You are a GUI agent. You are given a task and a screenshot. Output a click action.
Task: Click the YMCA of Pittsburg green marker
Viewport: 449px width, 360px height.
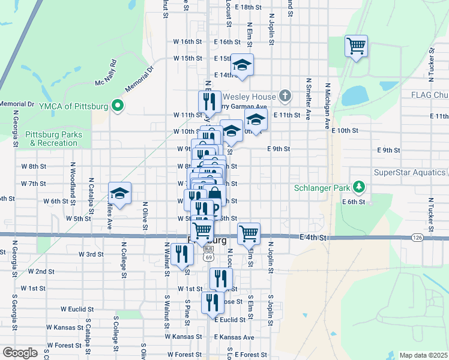tap(118, 107)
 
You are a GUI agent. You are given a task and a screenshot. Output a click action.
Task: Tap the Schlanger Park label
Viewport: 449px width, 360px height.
tap(322, 188)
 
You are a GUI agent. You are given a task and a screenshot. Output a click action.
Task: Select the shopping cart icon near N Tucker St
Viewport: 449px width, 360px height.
tap(356, 46)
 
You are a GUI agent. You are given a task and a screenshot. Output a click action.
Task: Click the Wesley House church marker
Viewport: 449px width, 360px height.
tap(285, 96)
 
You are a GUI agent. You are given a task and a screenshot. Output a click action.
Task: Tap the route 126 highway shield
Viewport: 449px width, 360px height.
tap(417, 238)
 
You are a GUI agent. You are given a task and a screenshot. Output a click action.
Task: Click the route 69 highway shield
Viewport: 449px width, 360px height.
tap(208, 256)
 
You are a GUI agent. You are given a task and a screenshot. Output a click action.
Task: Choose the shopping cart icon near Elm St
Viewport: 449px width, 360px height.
tap(249, 233)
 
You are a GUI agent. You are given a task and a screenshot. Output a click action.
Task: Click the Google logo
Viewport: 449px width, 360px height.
tap(20, 352)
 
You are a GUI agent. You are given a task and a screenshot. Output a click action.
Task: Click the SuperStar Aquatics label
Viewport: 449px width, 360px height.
tap(411, 173)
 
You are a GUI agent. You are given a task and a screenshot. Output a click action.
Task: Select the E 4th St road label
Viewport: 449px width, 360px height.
tap(314, 238)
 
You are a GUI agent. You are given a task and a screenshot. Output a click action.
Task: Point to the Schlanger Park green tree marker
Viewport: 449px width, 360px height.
tap(358, 187)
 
